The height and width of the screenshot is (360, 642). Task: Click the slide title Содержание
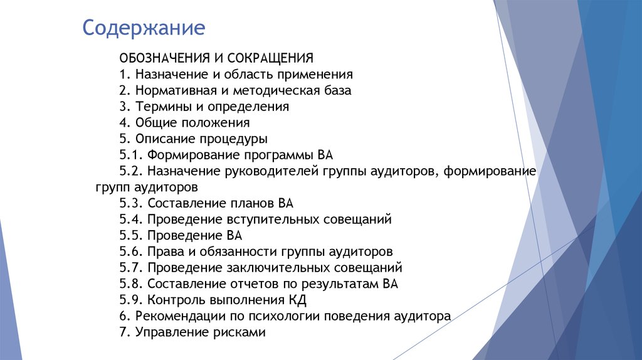pyautogui.click(x=144, y=29)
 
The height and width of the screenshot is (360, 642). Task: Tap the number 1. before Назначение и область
pyautogui.click(x=124, y=75)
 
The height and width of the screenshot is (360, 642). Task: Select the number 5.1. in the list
pyautogui.click(x=130, y=156)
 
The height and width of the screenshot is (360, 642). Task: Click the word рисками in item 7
pyautogui.click(x=240, y=332)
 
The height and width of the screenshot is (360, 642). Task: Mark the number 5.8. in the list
pyautogui.click(x=131, y=284)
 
